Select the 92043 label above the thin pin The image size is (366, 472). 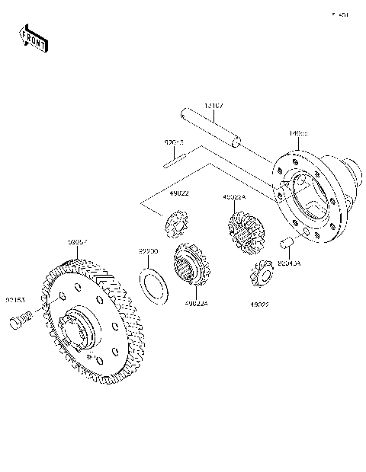[175, 142]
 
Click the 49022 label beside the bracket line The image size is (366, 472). [179, 193]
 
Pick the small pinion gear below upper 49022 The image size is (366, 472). [177, 226]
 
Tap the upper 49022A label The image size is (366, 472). [233, 197]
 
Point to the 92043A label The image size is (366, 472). [289, 263]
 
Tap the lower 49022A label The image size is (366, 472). [197, 303]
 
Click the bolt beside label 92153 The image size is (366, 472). [19, 322]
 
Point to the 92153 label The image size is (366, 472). [16, 299]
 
